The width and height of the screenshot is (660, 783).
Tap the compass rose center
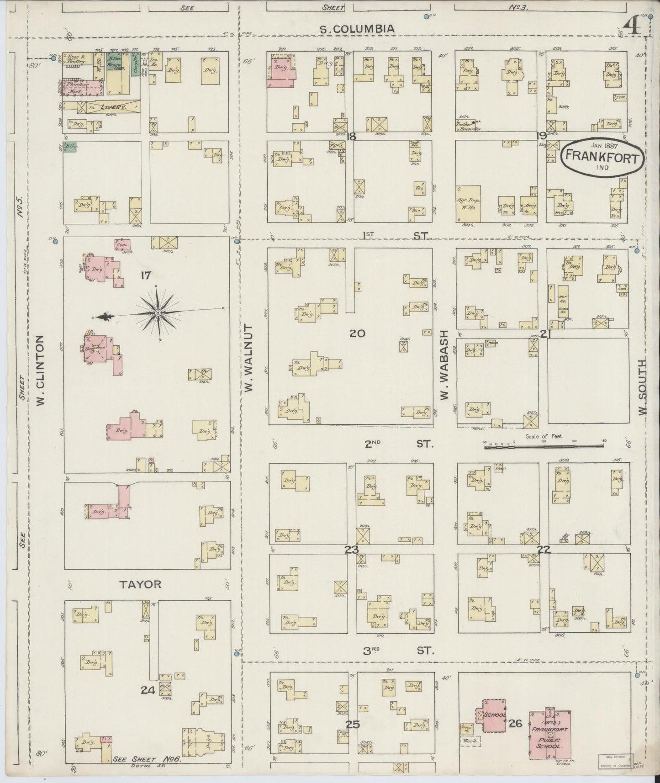(x=158, y=312)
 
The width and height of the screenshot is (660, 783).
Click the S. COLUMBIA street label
(x=357, y=29)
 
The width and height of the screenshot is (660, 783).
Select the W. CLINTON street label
(x=41, y=370)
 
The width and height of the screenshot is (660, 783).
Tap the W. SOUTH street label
(x=644, y=386)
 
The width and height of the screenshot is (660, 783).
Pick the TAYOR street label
(x=141, y=584)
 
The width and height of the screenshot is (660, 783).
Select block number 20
(x=357, y=333)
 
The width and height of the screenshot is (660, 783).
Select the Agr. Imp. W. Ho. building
(x=468, y=204)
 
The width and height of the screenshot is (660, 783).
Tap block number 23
(x=352, y=549)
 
